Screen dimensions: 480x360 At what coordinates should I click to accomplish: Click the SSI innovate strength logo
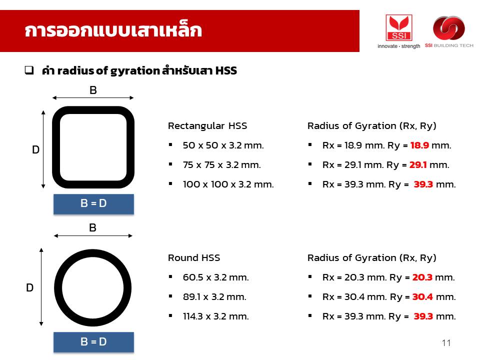coord(398,31)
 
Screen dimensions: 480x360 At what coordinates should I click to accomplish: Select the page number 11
coord(446,343)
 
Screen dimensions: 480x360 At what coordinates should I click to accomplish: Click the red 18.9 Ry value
coord(419,145)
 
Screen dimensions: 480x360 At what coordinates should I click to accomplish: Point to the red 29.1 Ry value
coord(418,165)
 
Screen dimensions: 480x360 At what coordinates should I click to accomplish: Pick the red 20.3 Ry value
coord(422,277)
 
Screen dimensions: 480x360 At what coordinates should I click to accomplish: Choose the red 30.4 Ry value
coord(422,297)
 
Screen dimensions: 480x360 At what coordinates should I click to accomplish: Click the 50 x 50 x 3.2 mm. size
coord(223,145)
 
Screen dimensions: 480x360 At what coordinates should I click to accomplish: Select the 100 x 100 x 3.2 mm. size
coord(228,184)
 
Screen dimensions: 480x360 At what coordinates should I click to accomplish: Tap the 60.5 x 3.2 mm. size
coord(216,277)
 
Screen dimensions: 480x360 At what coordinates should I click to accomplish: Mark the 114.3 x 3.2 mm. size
coord(216,316)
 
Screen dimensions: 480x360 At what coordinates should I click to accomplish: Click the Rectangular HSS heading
coord(207,126)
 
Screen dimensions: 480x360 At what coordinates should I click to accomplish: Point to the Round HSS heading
coord(194,258)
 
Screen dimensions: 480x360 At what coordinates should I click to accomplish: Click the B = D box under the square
coord(93,204)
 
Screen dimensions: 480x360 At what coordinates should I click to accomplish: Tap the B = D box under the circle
coord(93,342)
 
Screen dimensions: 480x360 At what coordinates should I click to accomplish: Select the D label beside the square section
coord(36,149)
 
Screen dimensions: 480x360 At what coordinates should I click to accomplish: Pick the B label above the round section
coord(93,228)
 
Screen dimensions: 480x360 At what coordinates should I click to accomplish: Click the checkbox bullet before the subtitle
coord(29,70)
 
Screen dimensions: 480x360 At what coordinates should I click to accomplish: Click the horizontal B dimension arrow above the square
coord(93,98)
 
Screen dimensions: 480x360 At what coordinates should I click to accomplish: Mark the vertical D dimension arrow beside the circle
coord(41,287)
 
